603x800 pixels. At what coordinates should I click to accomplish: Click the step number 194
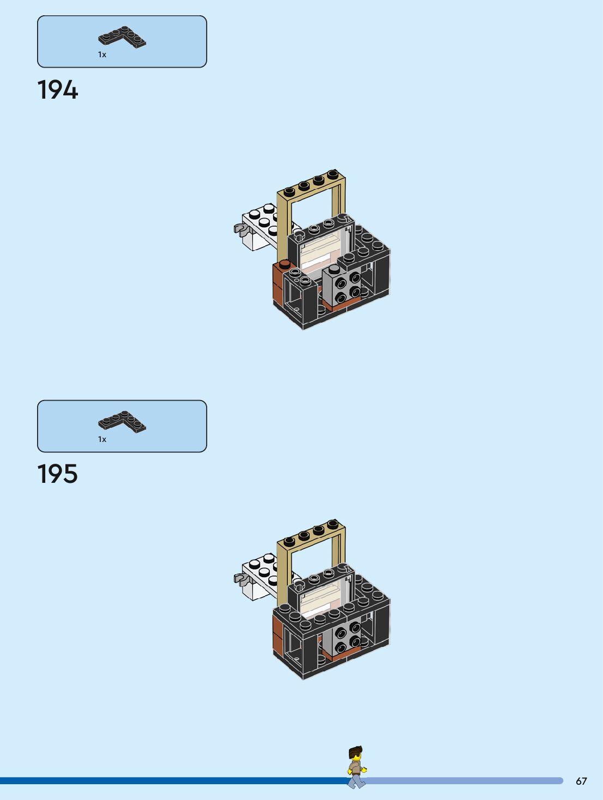[58, 90]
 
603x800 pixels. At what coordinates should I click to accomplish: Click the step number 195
[58, 474]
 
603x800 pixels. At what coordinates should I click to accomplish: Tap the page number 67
[581, 781]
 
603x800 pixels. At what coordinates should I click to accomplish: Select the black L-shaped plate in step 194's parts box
[122, 37]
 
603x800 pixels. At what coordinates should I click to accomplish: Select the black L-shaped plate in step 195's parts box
[122, 421]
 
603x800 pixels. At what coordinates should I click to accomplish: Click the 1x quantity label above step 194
[102, 54]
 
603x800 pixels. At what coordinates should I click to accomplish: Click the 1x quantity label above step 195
[102, 439]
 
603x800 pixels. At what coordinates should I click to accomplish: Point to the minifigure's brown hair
[355, 751]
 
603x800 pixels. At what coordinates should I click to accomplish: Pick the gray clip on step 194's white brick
[240, 229]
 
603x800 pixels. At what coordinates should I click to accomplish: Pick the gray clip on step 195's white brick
[240, 579]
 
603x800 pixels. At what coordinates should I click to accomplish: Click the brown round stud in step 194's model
[285, 265]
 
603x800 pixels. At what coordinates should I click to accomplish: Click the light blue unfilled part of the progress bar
[463, 781]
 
